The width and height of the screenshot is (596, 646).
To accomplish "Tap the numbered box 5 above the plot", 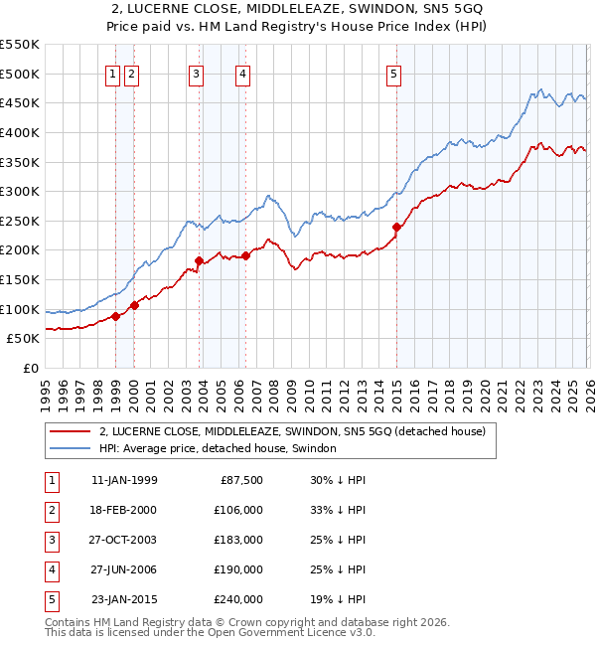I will click(x=394, y=73).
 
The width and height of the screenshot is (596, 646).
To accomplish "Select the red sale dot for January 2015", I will click(x=396, y=227).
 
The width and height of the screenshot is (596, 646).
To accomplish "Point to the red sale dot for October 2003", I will click(x=200, y=260).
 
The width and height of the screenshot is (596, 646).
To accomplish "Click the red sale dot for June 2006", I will click(x=246, y=255).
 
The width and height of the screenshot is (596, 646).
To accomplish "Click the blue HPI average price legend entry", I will click(x=218, y=449).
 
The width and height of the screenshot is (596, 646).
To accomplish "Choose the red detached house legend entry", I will click(x=291, y=431).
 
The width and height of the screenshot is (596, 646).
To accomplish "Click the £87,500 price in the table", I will click(x=238, y=480).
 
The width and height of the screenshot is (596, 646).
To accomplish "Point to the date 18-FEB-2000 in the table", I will click(x=124, y=510).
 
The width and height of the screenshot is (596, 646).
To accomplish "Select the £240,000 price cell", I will click(x=238, y=599).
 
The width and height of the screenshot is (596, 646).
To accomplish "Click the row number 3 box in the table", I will click(x=51, y=540).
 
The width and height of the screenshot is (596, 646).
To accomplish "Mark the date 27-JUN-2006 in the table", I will click(x=124, y=569).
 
